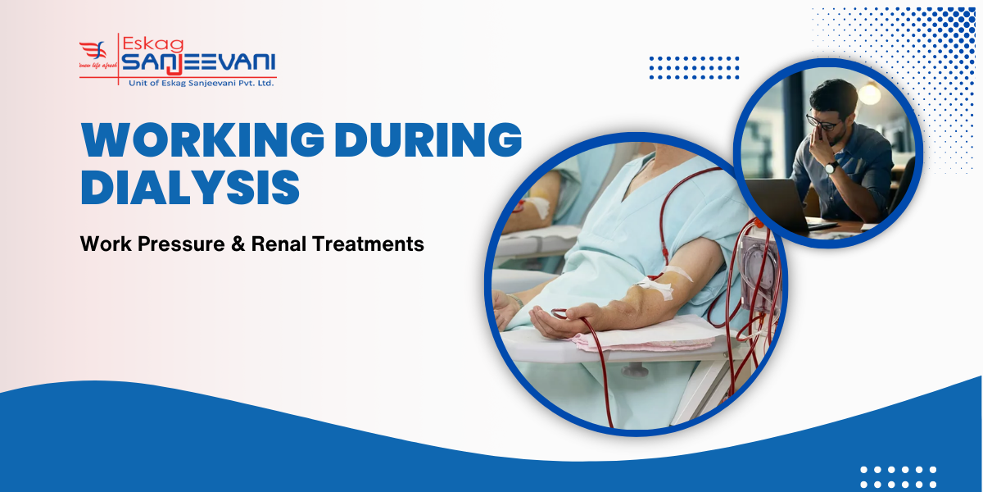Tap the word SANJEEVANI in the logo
pos(199,62)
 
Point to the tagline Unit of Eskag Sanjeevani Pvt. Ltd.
pos(201,82)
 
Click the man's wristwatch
pos(831,166)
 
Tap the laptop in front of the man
pos(774,205)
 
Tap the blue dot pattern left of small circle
pos(694,68)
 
